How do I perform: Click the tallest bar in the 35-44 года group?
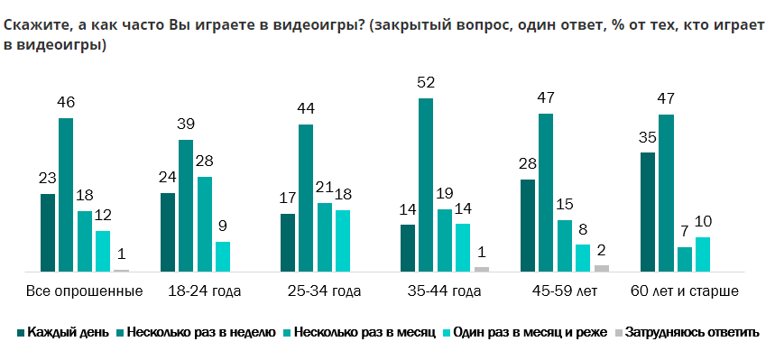426,185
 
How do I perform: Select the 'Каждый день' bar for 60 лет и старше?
648,212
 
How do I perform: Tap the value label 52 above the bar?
426,83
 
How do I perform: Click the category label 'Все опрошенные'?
84,291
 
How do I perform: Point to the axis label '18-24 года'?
204,291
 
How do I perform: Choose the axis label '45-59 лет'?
564,291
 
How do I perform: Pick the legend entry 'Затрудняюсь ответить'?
692,332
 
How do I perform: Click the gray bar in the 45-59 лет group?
602,268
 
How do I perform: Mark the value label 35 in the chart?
648,138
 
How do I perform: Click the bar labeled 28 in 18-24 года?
205,224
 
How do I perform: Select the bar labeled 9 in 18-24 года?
223,256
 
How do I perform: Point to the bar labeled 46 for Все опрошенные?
66,195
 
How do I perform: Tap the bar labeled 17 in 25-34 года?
288,243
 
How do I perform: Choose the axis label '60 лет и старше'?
684,291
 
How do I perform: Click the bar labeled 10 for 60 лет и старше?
703,254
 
